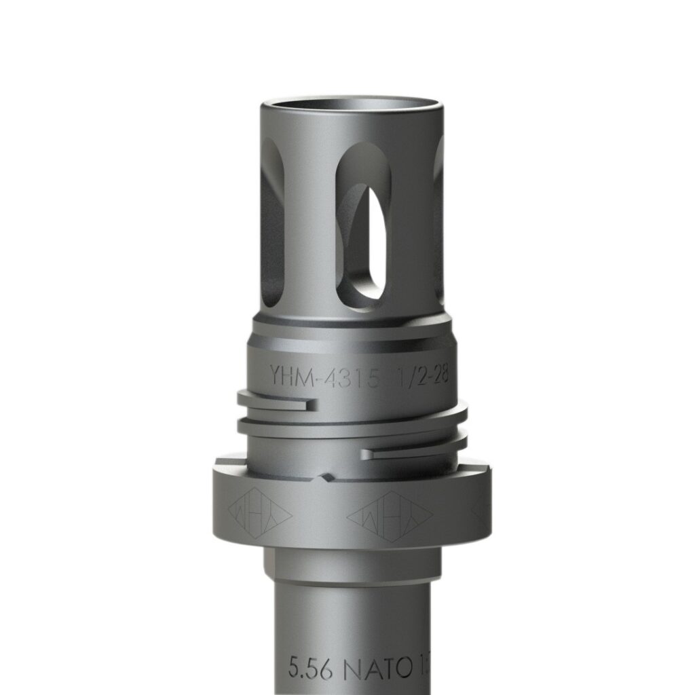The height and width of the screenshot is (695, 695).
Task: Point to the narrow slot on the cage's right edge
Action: (x=438, y=217)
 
